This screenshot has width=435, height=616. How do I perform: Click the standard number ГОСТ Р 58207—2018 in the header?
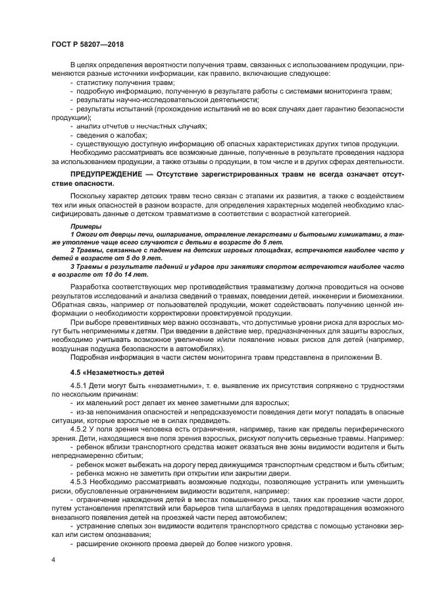pyautogui.click(x=87, y=44)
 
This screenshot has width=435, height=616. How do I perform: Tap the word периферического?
pyautogui.click(x=360, y=429)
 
